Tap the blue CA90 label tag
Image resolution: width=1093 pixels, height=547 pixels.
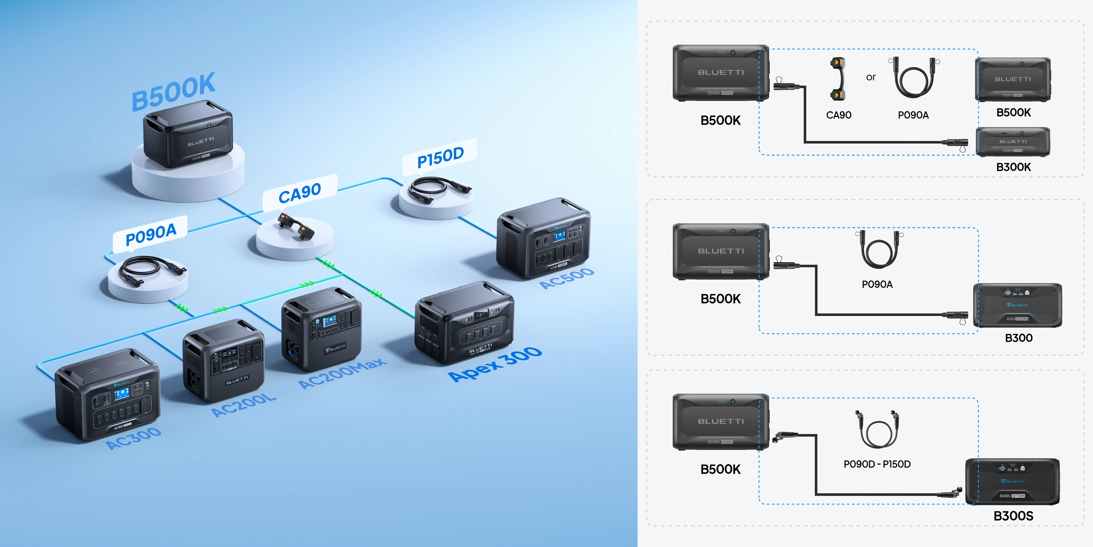[x=299, y=193]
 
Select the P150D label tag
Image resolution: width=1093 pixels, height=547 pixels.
[x=440, y=157]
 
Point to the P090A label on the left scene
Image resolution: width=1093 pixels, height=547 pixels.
[x=151, y=234]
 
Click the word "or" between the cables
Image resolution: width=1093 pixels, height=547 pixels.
[x=871, y=77]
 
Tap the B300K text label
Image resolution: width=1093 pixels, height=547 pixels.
[x=1013, y=167]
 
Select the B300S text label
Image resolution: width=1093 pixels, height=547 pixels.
[x=1013, y=516]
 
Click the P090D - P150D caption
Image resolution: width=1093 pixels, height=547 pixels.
[x=877, y=464]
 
